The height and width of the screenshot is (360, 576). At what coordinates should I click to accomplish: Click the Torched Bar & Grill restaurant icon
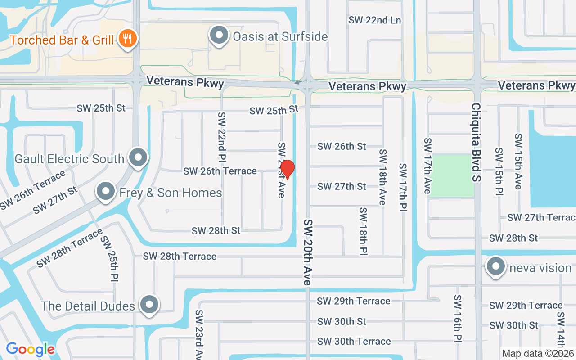point(128,39)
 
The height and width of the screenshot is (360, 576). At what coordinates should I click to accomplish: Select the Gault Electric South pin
point(138,158)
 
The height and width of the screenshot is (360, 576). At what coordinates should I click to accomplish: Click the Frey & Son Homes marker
point(106,192)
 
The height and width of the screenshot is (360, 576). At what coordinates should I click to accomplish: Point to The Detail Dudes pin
point(149,305)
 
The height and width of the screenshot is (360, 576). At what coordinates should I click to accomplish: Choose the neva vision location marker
point(496,267)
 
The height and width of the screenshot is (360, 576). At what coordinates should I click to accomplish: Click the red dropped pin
point(287,169)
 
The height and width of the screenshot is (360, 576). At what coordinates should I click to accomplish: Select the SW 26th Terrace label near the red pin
point(220,171)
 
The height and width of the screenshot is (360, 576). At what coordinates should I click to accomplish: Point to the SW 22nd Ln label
point(374,20)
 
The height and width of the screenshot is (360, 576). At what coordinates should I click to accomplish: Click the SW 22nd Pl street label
point(222,137)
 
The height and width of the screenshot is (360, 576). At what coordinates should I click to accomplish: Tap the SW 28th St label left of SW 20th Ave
point(216,231)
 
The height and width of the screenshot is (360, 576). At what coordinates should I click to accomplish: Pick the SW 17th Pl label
point(403,188)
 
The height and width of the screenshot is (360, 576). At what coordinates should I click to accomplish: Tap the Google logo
point(30,349)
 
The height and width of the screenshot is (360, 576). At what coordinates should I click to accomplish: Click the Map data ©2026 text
point(538,353)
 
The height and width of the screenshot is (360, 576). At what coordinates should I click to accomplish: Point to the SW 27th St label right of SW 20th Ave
point(342,186)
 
